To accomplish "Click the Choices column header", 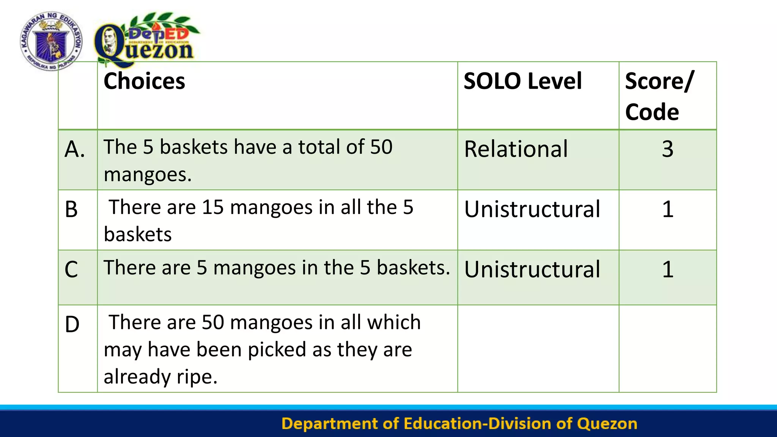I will coord(144,81).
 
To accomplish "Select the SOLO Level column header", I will coord(522,81).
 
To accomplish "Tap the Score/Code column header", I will coord(659,96).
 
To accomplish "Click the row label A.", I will coord(75,149).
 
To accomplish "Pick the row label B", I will coord(71,209).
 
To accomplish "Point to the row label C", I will coord(71,270).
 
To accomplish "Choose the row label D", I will coord(72,325).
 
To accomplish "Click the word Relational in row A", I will coord(516,149).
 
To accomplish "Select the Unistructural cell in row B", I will coord(532,209).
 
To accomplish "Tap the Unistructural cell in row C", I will coord(532,270).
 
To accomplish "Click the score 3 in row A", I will coord(668,149).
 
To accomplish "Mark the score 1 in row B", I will coord(668,209).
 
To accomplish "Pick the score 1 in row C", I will coord(668,270).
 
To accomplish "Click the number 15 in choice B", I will coord(213,207).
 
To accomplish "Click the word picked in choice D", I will coord(277,349).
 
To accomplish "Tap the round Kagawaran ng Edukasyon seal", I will coord(51,41).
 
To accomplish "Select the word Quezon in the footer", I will coord(607,424).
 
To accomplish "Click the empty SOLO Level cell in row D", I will coord(538,348).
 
